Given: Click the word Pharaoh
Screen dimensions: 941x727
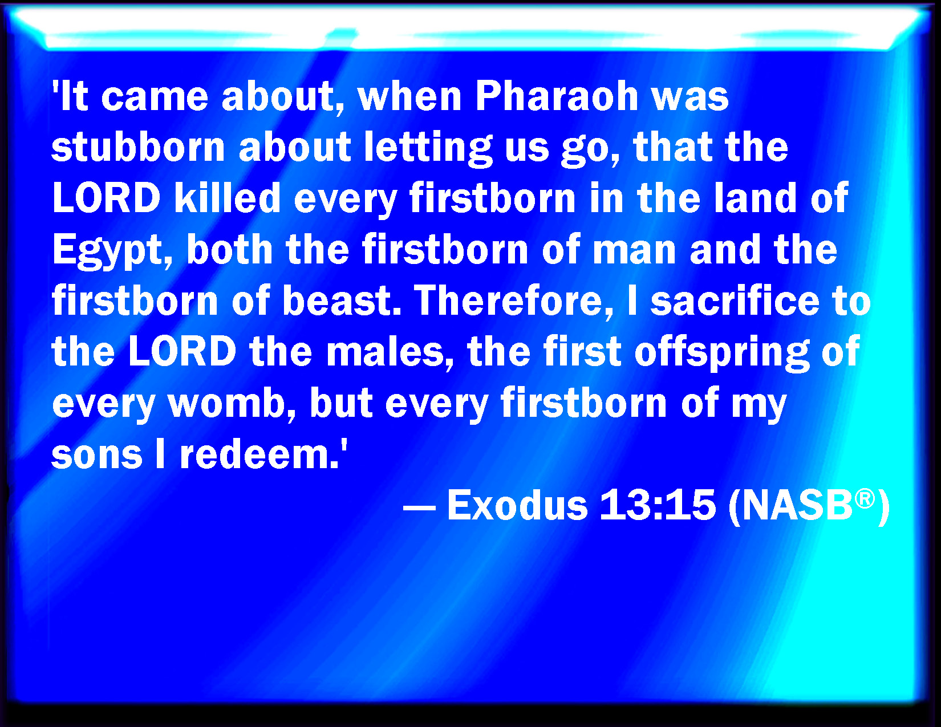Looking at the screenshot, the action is [x=557, y=96].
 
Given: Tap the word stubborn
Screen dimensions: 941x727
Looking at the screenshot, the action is [x=138, y=147].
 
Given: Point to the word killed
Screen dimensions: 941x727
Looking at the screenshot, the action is [x=228, y=197].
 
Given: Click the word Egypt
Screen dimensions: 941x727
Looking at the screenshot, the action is [x=112, y=251].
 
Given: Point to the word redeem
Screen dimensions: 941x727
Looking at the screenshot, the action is [x=259, y=454].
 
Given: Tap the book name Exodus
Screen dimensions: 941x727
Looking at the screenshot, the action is [x=517, y=505].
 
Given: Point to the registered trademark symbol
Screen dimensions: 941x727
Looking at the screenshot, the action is [x=865, y=498].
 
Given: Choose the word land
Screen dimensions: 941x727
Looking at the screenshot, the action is [x=755, y=197].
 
